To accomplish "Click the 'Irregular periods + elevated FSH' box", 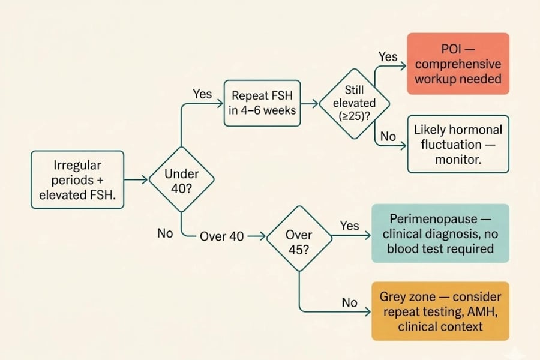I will point(77,179).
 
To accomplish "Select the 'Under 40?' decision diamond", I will point(181,180).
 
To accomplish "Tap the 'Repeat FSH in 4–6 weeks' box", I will point(262,103).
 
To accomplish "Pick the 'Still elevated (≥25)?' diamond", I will point(354,103).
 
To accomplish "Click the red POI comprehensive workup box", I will point(458,64).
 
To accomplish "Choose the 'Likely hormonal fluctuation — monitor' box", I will point(458,145).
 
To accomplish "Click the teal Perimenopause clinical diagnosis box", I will point(440,233).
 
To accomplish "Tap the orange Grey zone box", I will point(440,311).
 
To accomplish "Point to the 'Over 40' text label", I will point(221,236).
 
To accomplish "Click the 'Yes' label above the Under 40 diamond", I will point(202,94).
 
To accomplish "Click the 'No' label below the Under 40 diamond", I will point(165,233).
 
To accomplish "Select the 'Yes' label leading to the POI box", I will point(388,56).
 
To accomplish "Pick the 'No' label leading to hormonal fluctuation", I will point(388,137).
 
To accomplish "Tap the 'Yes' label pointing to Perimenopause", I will point(349,226).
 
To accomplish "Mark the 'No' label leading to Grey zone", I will point(349,302).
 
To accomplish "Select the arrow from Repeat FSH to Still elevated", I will point(310,103).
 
